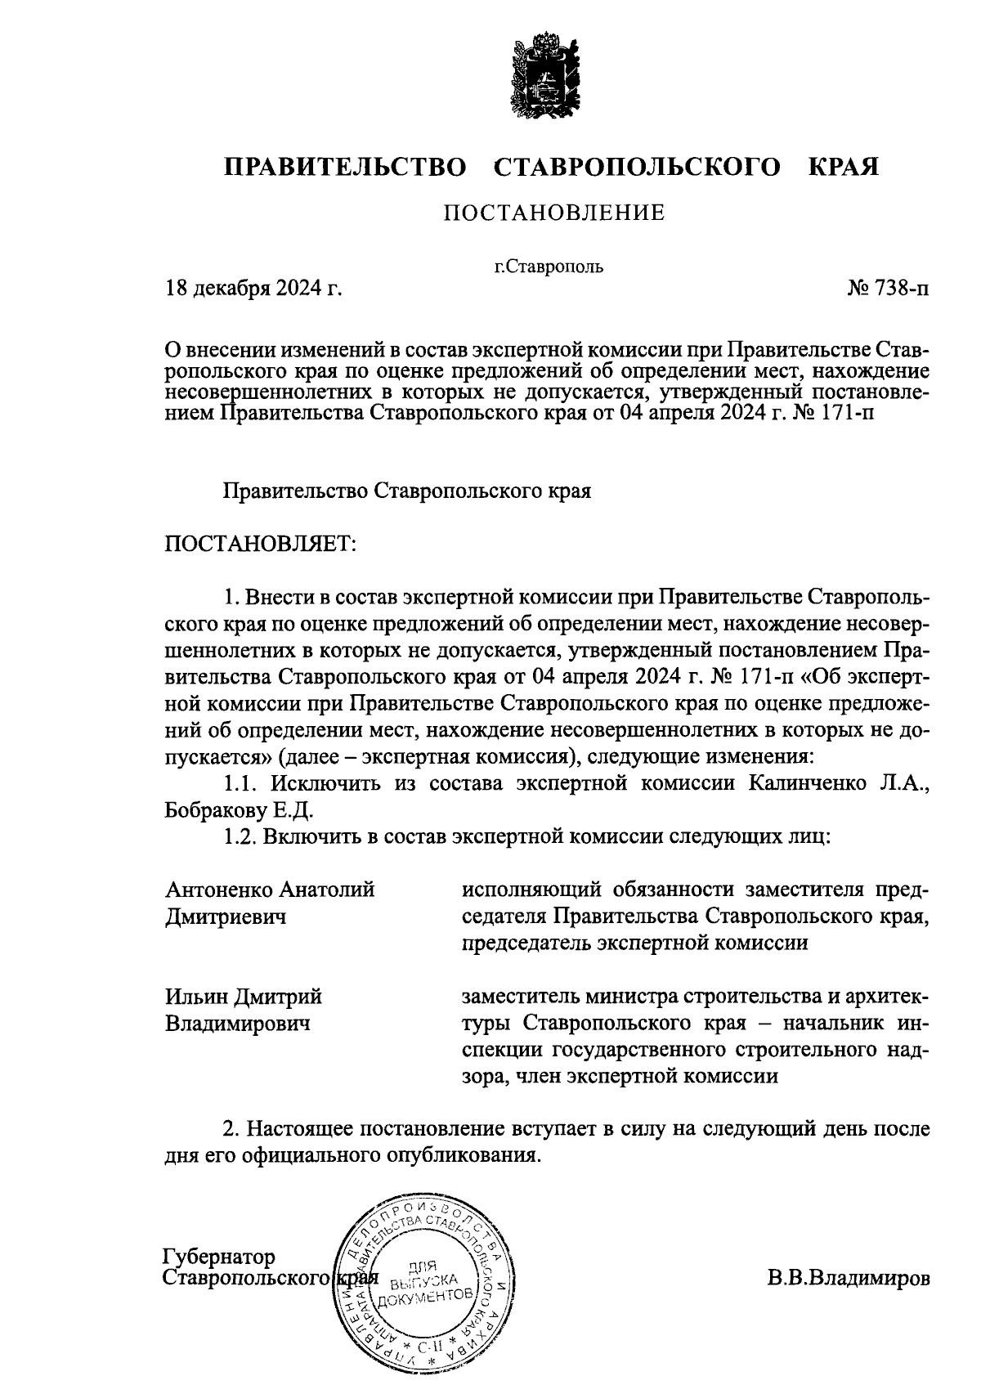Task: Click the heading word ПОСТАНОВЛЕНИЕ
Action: click(x=554, y=213)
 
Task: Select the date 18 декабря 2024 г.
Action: click(x=253, y=289)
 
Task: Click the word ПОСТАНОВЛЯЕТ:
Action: click(x=261, y=544)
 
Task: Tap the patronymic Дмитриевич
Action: click(x=226, y=917)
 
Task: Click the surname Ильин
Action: click(x=197, y=997)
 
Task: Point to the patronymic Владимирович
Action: click(x=237, y=1023)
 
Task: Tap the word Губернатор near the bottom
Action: click(x=219, y=1257)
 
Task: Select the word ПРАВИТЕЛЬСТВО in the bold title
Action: click(x=346, y=168)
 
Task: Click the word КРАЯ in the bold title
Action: click(x=844, y=168)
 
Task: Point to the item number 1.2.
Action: click(x=241, y=837)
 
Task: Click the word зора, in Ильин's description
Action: click(x=487, y=1077)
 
